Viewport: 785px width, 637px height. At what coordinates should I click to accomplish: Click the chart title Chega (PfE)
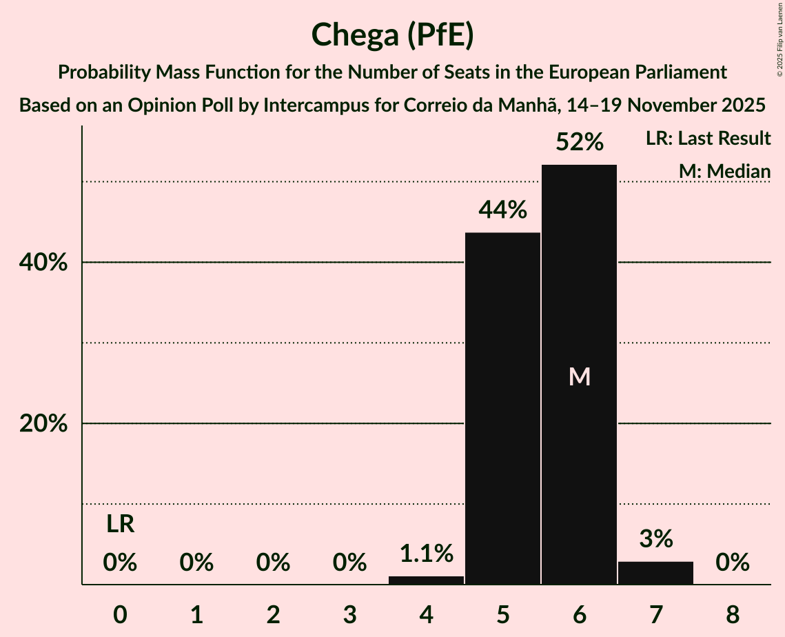pyautogui.click(x=392, y=34)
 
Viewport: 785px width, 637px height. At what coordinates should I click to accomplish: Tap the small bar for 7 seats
pyautogui.click(x=655, y=573)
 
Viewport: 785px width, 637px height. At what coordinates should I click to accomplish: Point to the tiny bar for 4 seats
pyautogui.click(x=426, y=580)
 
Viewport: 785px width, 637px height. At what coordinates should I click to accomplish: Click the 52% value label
pyautogui.click(x=580, y=143)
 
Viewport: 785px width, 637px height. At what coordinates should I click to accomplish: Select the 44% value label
pyautogui.click(x=503, y=210)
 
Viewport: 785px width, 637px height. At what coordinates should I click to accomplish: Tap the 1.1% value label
pyautogui.click(x=427, y=553)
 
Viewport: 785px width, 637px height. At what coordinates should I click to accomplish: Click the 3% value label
pyautogui.click(x=655, y=538)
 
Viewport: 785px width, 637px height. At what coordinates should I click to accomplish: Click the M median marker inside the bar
pyautogui.click(x=580, y=376)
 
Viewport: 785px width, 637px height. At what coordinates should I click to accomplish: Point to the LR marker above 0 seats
pyautogui.click(x=121, y=525)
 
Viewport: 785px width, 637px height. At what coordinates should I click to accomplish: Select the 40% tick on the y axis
pyautogui.click(x=43, y=263)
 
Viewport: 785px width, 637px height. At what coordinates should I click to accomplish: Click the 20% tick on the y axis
pyautogui.click(x=43, y=424)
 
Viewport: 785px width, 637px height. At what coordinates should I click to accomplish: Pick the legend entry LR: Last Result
pyautogui.click(x=708, y=139)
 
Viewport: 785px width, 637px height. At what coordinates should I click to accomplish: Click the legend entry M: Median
pyautogui.click(x=724, y=171)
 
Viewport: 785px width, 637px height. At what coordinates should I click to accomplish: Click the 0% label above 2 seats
pyautogui.click(x=274, y=563)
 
